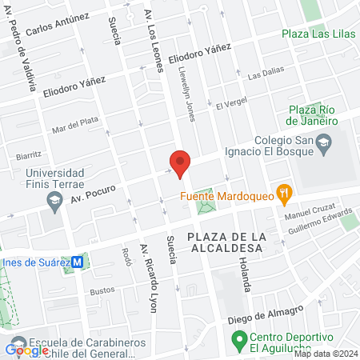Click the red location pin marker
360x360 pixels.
tap(180, 163)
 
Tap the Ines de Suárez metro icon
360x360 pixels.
tap(77, 261)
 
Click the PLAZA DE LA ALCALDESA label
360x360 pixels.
tap(223, 242)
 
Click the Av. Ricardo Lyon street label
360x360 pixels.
tap(149, 276)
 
